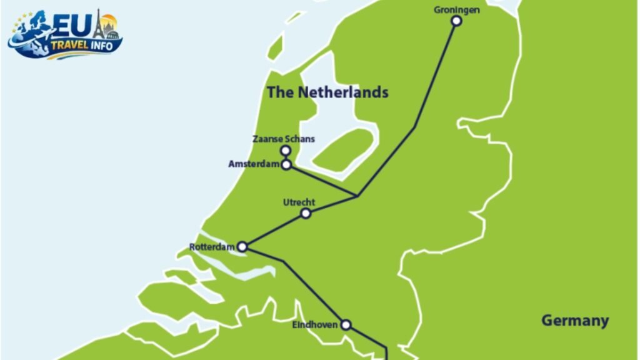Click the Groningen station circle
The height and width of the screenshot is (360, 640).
click(456, 21)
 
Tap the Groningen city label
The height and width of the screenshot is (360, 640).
click(456, 9)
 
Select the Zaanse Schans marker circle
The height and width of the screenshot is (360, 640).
click(286, 151)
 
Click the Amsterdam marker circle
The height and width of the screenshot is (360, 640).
click(286, 165)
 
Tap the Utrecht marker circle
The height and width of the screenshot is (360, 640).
click(306, 213)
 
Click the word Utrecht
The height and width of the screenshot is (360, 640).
click(299, 202)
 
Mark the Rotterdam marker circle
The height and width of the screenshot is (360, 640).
click(242, 247)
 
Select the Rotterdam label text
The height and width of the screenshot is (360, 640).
click(212, 247)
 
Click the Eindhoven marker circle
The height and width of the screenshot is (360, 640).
click(345, 324)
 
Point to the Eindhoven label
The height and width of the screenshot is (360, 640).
click(315, 325)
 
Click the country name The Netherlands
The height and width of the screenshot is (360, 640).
click(327, 92)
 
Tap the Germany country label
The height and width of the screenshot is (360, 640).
click(574, 321)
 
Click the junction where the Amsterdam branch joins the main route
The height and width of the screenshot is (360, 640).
click(357, 196)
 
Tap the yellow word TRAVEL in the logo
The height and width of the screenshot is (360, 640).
click(70, 45)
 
